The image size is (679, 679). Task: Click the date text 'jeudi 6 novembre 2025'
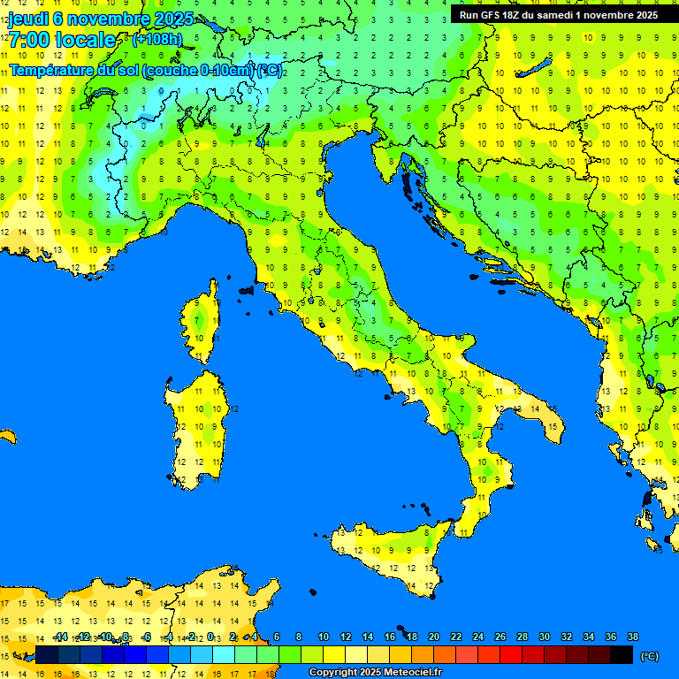pos(93,19)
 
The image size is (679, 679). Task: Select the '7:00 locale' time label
pos(62,40)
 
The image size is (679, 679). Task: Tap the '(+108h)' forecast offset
pos(156,40)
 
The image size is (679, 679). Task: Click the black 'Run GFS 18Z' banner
pos(558,14)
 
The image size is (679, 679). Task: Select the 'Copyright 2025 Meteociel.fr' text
pos(375,672)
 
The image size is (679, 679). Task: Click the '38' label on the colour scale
pos(632,637)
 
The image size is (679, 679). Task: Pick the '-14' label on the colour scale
pos(60,637)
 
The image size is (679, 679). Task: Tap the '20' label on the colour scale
pos(433,637)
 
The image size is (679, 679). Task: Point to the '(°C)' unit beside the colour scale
pos(649,656)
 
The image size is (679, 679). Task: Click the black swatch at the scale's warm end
pos(622,655)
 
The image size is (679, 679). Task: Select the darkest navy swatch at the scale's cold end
pos(47,655)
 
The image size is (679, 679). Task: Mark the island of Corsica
pos(202,323)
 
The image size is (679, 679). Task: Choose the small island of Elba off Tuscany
pos(248,289)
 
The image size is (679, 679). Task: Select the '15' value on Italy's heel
pos(552,426)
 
